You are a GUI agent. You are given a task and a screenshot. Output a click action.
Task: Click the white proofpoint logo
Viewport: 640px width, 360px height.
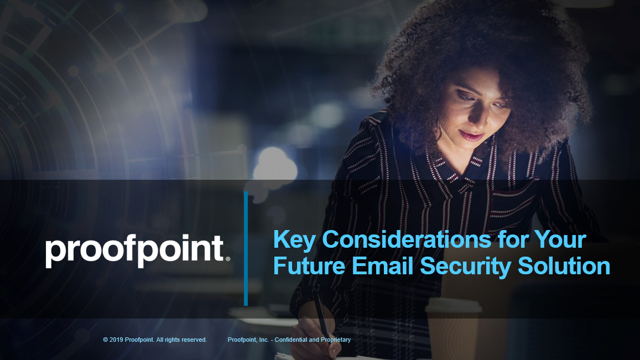point(138,251)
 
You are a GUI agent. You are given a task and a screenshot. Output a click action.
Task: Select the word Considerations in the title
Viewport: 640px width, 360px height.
point(407,239)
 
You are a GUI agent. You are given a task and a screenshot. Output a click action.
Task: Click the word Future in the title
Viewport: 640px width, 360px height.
point(309,266)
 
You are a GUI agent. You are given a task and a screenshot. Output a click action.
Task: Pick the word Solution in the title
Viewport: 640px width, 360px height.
point(564,266)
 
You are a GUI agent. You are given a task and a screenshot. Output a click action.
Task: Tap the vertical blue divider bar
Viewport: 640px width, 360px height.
point(246,249)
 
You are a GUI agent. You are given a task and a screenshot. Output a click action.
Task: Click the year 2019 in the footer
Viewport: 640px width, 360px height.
point(116,340)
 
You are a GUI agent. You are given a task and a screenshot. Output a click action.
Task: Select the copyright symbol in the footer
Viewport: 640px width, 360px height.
point(105,340)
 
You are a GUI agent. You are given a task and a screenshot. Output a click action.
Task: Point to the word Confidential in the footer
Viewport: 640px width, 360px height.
point(290,340)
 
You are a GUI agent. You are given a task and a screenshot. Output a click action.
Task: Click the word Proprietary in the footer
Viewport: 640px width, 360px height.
point(336,340)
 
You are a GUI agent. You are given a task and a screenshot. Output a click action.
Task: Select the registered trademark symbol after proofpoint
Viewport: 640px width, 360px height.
point(228,259)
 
